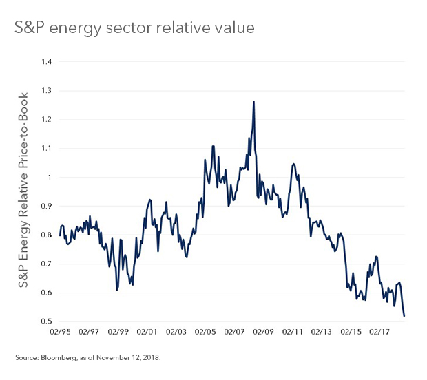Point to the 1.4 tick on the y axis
tap(46, 62)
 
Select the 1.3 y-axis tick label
tap(46, 91)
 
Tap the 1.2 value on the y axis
tap(46, 120)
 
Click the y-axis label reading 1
tap(50, 178)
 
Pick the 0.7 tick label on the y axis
tap(46, 264)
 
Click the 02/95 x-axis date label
tap(61, 331)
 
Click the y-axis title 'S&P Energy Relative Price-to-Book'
tap(23, 192)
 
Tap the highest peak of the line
tap(254, 102)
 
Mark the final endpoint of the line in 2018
tap(404, 316)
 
